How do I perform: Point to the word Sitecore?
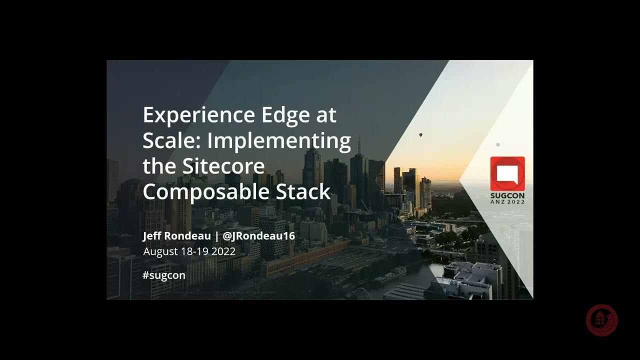click(222, 166)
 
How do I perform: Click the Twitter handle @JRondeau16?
click(259, 235)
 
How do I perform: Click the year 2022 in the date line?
click(223, 251)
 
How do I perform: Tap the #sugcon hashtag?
click(164, 275)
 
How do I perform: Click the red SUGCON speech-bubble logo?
click(507, 173)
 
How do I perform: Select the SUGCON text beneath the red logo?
click(507, 195)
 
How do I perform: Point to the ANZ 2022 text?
click(507, 202)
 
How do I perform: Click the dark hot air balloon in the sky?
click(421, 135)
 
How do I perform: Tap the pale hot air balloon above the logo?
click(498, 144)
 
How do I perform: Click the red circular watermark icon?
click(602, 320)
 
